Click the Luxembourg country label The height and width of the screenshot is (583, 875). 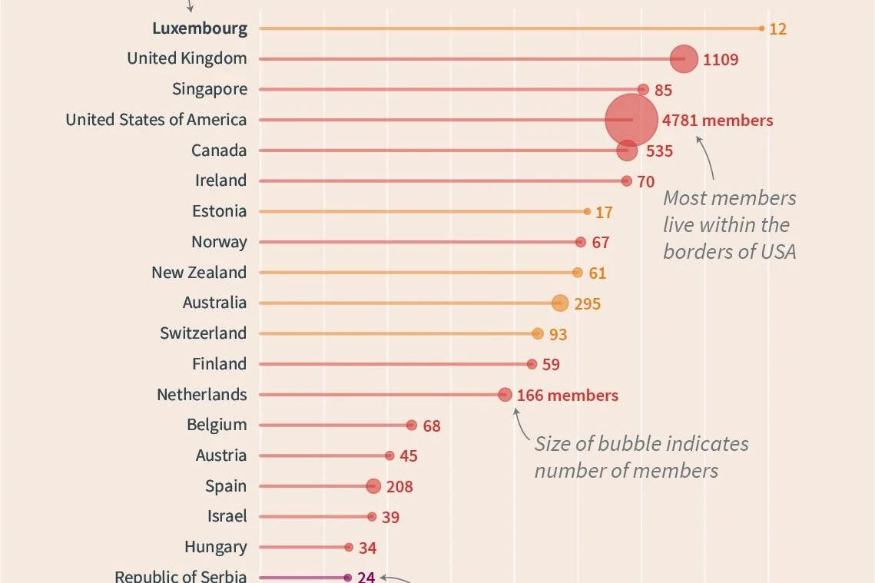click(200, 28)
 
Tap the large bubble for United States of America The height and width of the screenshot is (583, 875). click(631, 120)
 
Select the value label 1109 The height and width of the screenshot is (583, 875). click(720, 59)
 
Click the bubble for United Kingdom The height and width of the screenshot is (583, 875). click(683, 59)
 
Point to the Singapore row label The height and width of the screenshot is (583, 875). click(210, 89)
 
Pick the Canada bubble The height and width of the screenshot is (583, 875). click(627, 151)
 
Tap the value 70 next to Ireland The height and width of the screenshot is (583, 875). click(645, 182)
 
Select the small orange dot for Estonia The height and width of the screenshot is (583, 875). click(587, 211)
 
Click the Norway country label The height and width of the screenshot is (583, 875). click(219, 242)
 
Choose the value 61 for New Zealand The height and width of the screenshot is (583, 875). click(597, 273)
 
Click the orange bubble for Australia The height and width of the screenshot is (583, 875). click(560, 303)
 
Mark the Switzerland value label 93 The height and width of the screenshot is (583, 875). click(558, 335)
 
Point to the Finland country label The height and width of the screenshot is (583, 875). click(219, 364)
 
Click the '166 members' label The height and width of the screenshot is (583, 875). click(567, 396)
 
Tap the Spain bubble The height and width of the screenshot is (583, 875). click(373, 486)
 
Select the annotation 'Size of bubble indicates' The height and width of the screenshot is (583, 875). click(641, 444)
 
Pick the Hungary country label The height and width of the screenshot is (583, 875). click(215, 547)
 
